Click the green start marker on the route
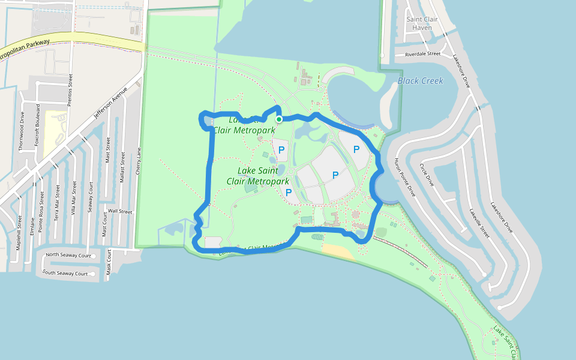point(279,119)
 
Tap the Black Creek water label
point(420,81)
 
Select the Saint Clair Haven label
point(423,23)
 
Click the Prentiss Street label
point(70,90)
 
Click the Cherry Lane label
point(138,161)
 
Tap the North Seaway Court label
point(68,255)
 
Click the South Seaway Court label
point(65,274)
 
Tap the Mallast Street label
point(122,168)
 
